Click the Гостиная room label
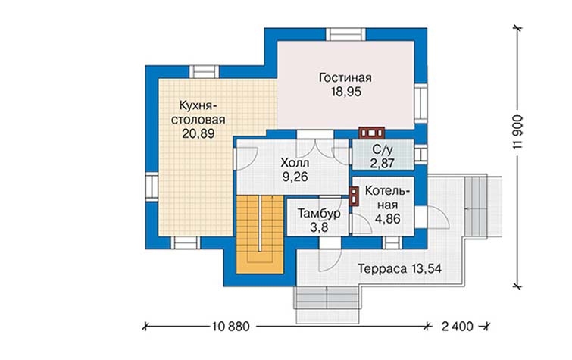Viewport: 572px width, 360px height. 345,78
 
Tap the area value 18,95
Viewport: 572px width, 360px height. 345,92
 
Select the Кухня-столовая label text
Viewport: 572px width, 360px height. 198,112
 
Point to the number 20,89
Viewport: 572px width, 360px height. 198,133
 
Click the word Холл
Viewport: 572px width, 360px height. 295,163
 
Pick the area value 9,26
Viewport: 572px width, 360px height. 295,177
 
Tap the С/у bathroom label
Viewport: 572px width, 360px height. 383,149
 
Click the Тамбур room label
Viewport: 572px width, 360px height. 319,213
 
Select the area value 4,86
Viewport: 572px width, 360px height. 387,219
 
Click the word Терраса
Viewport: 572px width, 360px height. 382,269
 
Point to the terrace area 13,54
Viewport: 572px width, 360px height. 427,269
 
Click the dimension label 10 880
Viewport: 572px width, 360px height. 231,326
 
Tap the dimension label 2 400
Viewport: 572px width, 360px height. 457,326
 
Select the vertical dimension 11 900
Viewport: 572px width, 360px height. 517,132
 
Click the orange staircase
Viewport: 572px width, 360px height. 260,233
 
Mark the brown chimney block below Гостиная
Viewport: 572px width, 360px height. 371,133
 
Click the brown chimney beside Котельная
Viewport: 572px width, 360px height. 354,197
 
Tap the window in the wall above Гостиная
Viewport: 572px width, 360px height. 345,34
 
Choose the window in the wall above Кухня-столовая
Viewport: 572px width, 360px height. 205,72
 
